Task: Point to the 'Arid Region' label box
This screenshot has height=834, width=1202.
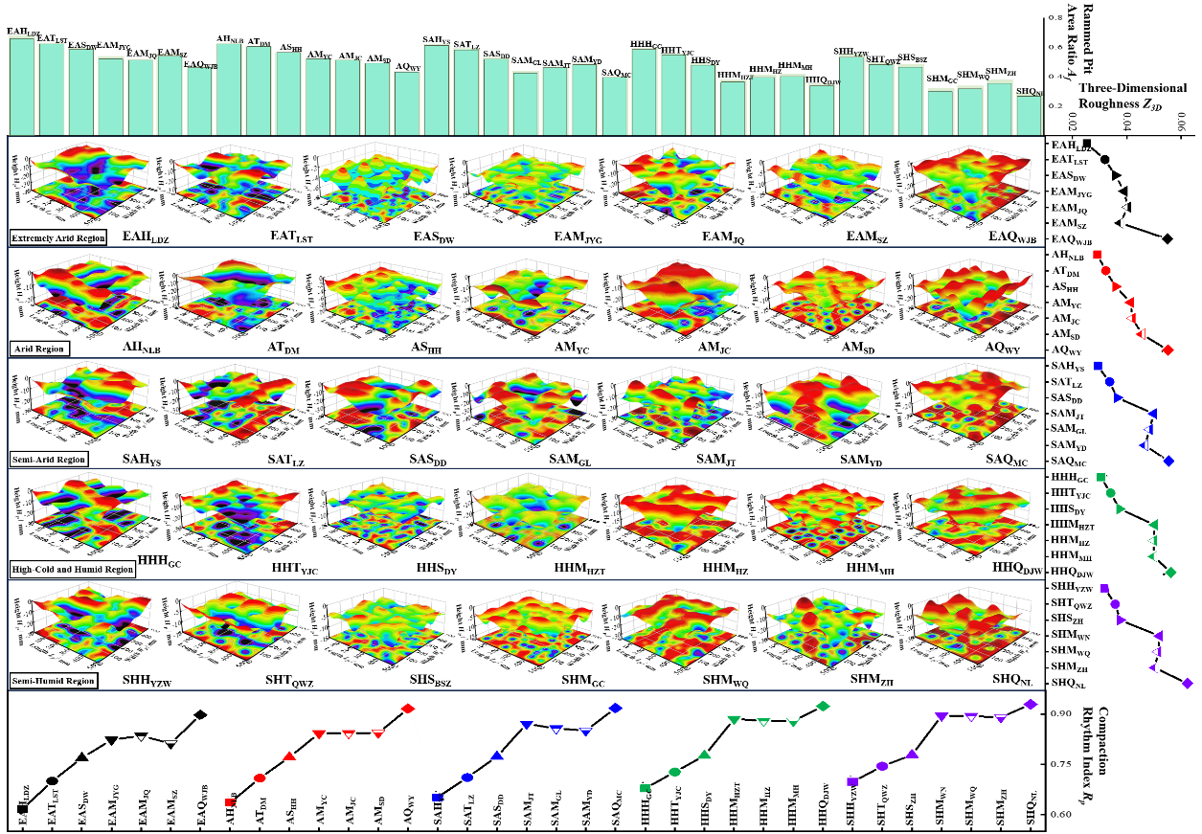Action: tap(39, 349)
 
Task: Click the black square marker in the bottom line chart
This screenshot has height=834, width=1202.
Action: tap(22, 809)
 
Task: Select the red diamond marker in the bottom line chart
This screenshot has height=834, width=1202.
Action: tap(408, 708)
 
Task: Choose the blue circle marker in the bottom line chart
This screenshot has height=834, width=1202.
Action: tap(466, 778)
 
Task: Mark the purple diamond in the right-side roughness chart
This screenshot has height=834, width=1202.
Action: tap(1188, 683)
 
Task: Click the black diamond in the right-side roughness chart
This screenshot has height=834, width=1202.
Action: tap(1167, 238)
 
